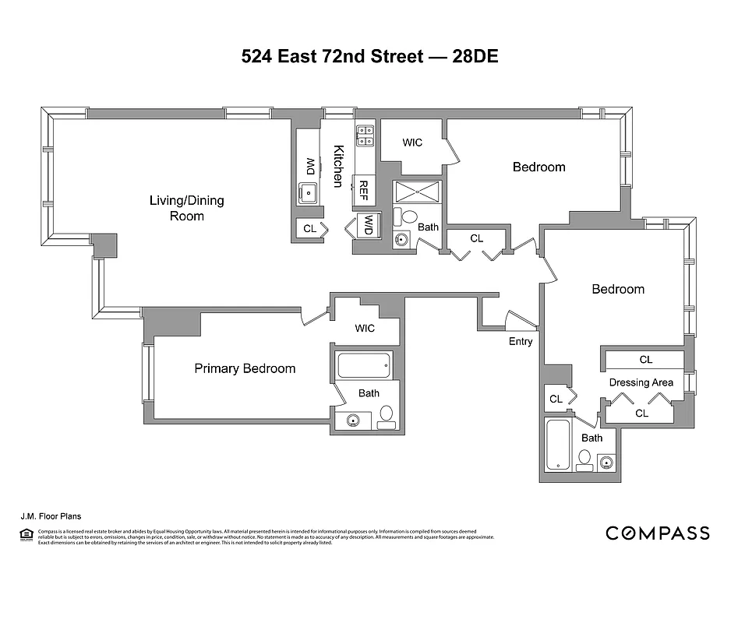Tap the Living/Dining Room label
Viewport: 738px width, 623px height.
186,208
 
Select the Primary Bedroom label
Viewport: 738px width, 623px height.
245,368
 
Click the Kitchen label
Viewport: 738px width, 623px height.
338,166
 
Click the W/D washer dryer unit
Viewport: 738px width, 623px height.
366,226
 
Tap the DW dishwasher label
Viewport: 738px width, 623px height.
309,167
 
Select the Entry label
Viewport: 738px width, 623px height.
521,341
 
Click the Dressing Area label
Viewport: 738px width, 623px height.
641,382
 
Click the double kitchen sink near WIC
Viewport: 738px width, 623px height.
365,136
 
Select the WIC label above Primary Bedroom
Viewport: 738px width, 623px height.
365,328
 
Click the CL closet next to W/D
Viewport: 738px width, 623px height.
309,228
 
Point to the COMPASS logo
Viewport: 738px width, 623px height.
658,533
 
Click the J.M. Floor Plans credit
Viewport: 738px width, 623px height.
51,516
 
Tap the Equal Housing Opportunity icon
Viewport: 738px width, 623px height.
24,534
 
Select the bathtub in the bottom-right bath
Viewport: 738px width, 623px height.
558,445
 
